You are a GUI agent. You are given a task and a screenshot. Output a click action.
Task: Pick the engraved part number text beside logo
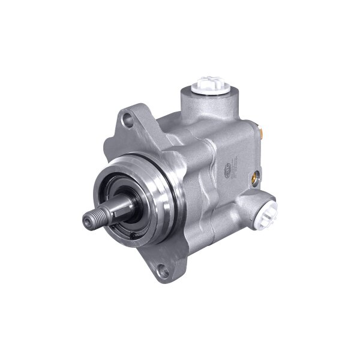(x=235, y=165)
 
